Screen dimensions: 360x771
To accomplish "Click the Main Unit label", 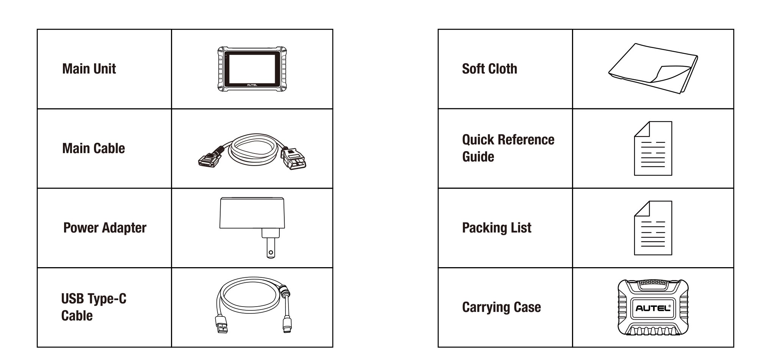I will [x=89, y=69].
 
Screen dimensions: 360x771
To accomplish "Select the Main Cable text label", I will [x=93, y=148].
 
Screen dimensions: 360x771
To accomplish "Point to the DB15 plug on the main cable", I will [x=208, y=159].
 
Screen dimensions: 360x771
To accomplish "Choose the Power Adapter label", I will [x=105, y=228].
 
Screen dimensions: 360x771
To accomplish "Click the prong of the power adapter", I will [x=271, y=249].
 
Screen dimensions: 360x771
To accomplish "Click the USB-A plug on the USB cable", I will [x=222, y=325].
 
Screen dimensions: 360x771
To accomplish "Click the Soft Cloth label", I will [x=489, y=69].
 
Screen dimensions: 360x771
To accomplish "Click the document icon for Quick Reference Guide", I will [x=653, y=149].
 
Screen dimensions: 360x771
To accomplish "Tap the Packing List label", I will [x=497, y=228].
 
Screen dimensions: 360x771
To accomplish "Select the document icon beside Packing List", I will [x=653, y=228].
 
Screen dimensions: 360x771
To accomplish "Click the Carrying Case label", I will [x=501, y=307].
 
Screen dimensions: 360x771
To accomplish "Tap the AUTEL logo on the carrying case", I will [x=653, y=308].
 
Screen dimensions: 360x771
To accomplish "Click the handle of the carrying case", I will [x=653, y=284].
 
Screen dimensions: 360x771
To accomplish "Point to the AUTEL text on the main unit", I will [x=252, y=85].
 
